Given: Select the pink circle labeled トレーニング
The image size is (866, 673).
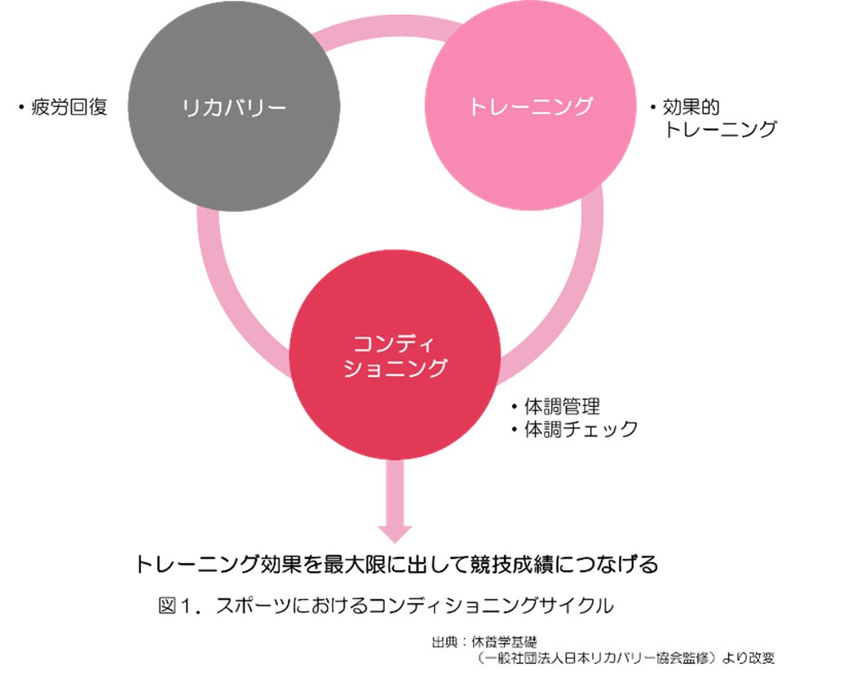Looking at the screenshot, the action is pos(530,107).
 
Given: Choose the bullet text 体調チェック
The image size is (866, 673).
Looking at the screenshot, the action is pos(580,429).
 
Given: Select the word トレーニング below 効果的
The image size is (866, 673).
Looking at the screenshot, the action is pos(720,129).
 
